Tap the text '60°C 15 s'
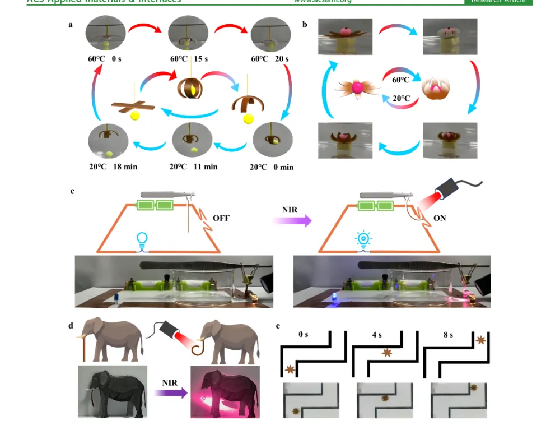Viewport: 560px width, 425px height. tap(189, 59)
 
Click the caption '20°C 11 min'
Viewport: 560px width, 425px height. tap(194, 167)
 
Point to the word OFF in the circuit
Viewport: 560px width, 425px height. tap(221, 218)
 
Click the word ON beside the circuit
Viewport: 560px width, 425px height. tap(440, 218)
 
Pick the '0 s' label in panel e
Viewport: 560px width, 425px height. tap(304, 335)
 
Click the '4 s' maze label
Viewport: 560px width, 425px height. tap(376, 335)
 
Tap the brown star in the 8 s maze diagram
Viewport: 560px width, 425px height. tap(479, 340)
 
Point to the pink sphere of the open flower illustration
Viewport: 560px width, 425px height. tap(357, 88)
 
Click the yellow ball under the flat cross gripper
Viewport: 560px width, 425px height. tap(134, 116)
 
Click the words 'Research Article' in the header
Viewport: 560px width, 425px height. tap(498, 2)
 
